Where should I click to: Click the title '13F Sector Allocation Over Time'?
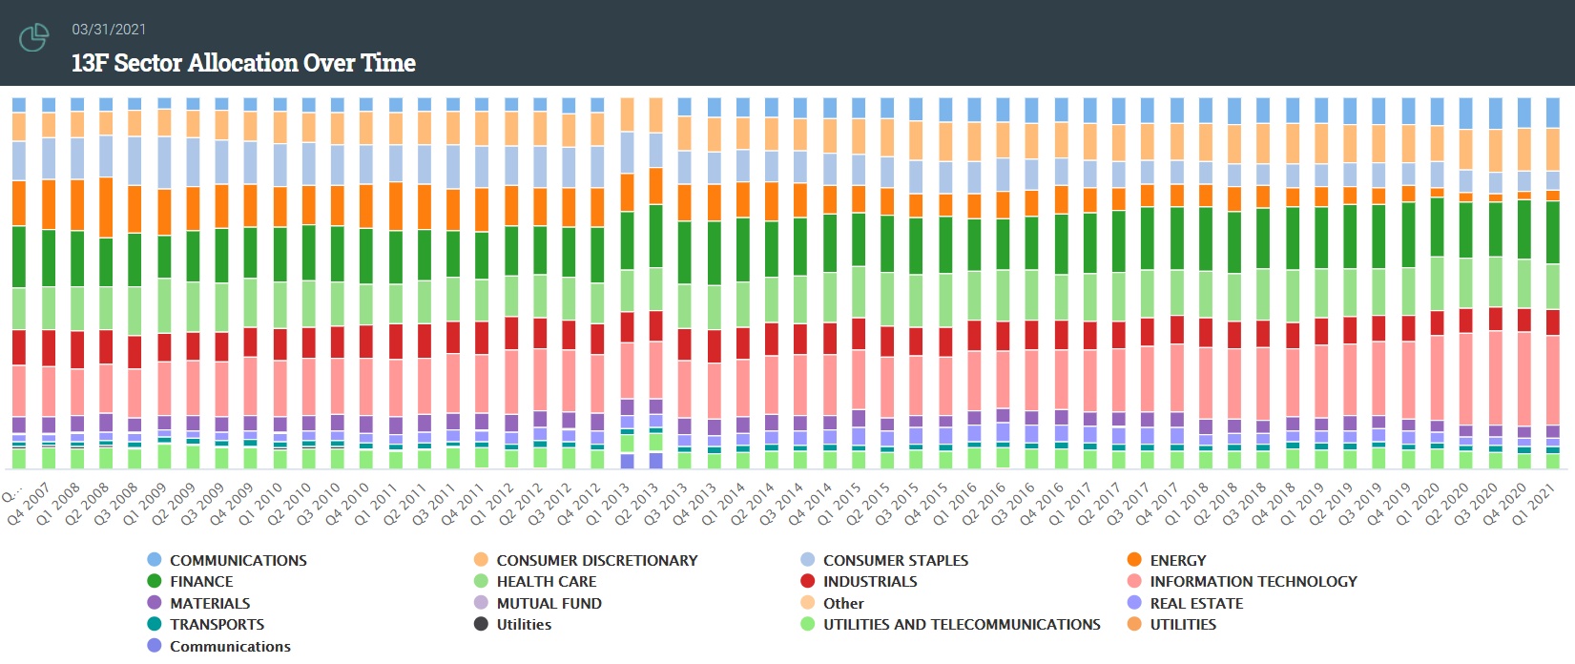[243, 63]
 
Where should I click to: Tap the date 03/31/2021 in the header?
[109, 30]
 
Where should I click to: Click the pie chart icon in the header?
[34, 38]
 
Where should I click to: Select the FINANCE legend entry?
[200, 582]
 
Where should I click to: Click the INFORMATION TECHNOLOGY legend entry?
[1253, 582]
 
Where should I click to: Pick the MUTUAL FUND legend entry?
[549, 604]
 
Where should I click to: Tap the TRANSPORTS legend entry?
[217, 625]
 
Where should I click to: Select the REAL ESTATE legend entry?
[1196, 604]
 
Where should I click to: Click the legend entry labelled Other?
[843, 604]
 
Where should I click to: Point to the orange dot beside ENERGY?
[1134, 560]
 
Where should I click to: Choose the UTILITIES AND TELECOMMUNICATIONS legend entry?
[961, 625]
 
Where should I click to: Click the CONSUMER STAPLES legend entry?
[895, 561]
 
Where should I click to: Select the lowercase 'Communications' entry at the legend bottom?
[230, 647]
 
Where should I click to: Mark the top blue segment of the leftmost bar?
[19, 105]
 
